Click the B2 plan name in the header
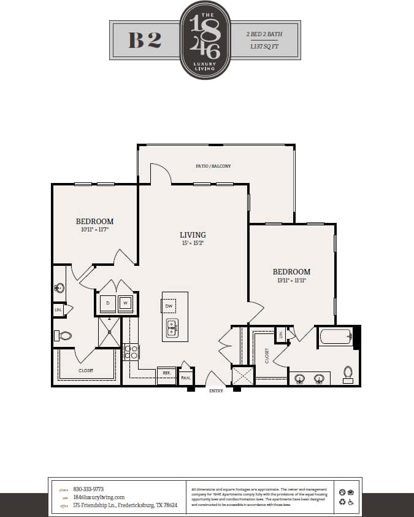145,40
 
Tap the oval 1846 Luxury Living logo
205,40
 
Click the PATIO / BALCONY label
213,166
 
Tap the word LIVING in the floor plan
193,235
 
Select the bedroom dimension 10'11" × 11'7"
94,230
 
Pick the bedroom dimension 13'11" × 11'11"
291,280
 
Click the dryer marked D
108,303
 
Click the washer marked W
126,303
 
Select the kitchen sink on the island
172,328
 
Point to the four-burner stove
131,351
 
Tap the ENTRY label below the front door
216,391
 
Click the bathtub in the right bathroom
335,336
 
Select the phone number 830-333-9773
88,489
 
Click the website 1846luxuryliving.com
99,497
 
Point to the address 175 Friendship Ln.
125,505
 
